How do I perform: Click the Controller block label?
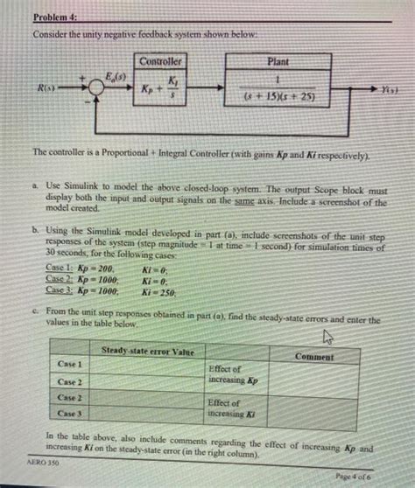coord(159,61)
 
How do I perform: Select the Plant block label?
coord(279,63)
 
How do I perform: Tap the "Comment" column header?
coord(313,356)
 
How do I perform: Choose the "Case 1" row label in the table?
coord(68,363)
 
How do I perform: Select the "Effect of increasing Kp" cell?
coord(232,375)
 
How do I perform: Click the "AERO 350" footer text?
coord(38,466)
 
